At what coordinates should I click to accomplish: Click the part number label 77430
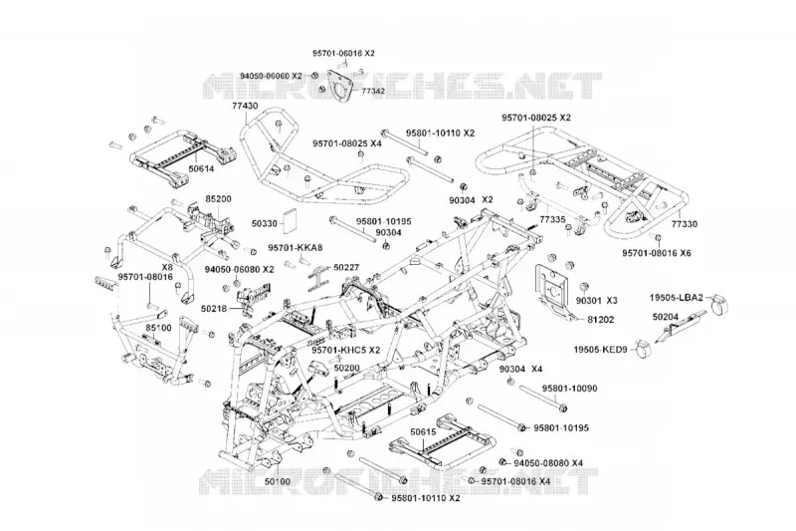pos(245,107)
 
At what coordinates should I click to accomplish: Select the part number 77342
pos(373,91)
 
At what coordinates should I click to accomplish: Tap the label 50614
pos(201,168)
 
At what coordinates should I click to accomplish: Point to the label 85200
pos(218,198)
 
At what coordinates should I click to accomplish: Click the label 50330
pos(265,223)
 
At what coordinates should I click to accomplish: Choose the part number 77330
pos(685,223)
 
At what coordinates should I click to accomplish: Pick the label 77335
pos(552,219)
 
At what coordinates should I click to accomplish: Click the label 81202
pos(601,320)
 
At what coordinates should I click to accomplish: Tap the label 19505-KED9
pos(601,350)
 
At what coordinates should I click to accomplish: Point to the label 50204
pos(666,317)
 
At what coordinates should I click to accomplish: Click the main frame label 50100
pos(278,481)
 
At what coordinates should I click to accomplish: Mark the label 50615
pos(424,432)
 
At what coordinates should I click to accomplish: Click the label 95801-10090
pos(569,389)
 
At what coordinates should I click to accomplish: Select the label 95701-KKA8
pos(296,247)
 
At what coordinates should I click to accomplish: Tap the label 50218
pos(214,308)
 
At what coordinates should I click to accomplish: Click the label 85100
pos(159,328)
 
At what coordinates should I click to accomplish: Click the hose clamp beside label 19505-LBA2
pos(720,306)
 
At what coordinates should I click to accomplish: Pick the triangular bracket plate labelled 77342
pos(339,85)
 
